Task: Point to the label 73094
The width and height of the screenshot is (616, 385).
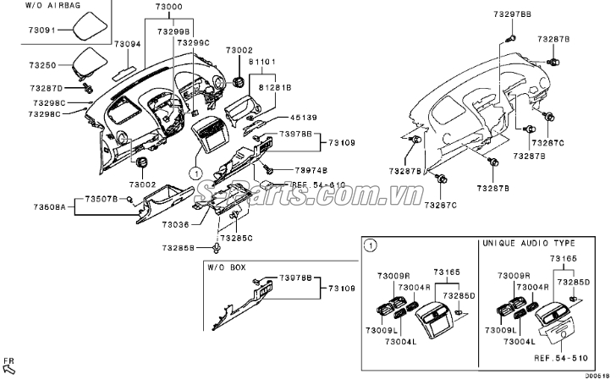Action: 129,44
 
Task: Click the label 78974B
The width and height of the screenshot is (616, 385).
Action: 311,169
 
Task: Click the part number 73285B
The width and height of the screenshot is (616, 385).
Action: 179,248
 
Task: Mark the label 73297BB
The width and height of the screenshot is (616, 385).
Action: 513,14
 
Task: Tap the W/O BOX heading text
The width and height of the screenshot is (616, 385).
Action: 227,267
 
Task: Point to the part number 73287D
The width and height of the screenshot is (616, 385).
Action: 46,87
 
